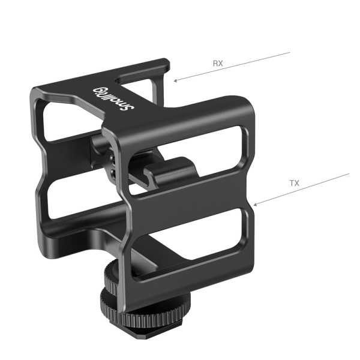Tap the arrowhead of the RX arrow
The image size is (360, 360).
(x=175, y=80)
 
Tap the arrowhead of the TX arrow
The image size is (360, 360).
(x=255, y=205)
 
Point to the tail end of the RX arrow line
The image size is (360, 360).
(x=290, y=52)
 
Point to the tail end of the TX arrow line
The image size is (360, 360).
(x=349, y=175)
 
